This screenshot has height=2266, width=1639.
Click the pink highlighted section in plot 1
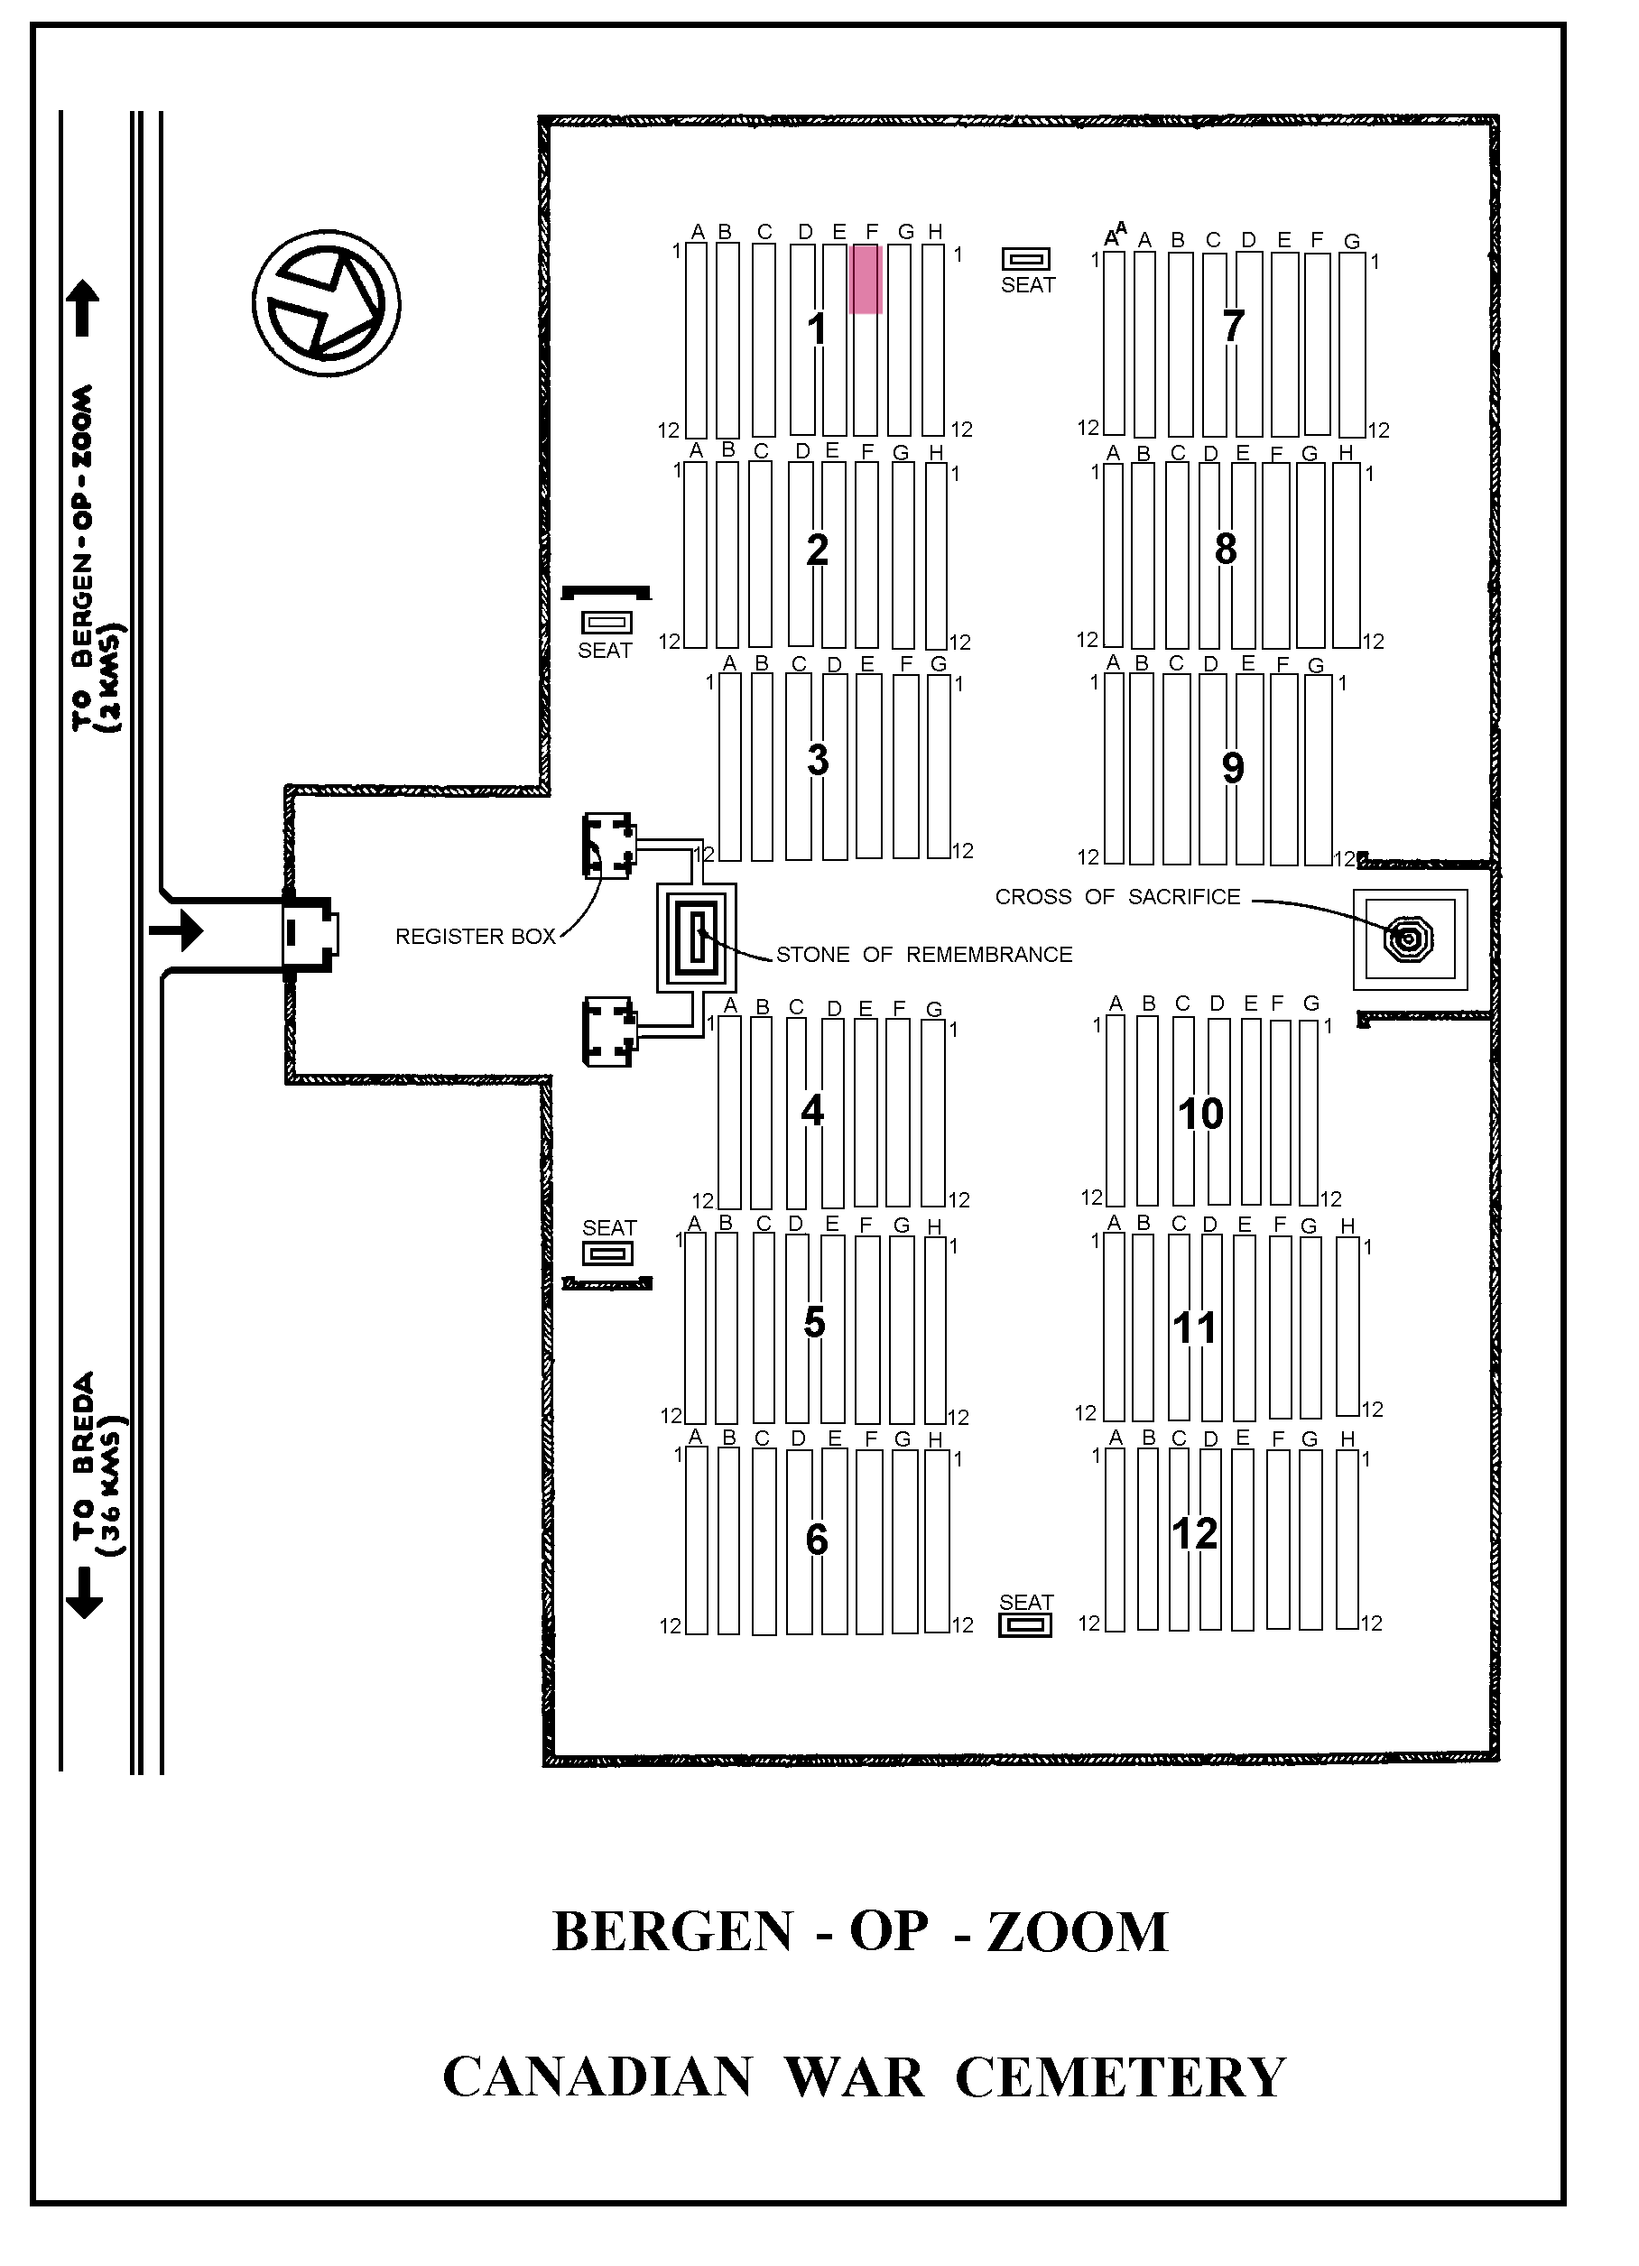866,280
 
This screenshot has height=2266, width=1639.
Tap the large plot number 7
1233,326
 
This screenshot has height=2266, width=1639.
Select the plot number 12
1194,1533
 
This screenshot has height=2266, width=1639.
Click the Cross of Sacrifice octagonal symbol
1408,939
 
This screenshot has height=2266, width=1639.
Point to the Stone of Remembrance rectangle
698,937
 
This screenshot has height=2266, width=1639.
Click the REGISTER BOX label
475,936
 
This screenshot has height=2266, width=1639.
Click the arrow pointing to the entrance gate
176,931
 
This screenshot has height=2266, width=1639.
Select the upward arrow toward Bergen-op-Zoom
83,308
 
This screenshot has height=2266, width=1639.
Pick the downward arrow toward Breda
83,1593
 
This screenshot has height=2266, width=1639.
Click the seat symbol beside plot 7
1026,260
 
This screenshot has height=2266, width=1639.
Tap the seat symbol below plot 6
1025,1625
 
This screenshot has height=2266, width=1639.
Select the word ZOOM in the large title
1078,1931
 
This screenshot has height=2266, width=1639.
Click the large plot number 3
818,761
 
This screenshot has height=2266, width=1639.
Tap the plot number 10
1200,1114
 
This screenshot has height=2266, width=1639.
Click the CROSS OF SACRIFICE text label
1117,897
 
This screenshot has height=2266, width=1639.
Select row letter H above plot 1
935,232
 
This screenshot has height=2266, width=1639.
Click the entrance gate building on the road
310,932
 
